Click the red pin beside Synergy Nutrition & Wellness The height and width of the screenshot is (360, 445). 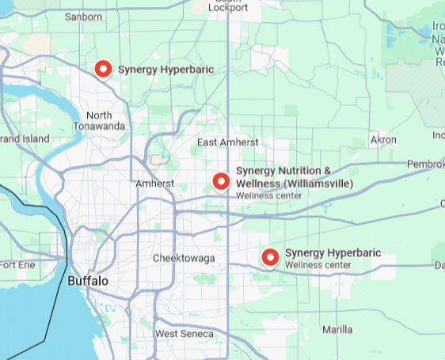222,181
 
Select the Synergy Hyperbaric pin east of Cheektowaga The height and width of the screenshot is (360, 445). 271,256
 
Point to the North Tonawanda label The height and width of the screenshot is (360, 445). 99,120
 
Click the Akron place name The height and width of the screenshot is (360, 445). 383,140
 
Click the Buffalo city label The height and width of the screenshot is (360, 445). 88,281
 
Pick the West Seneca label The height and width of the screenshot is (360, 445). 184,334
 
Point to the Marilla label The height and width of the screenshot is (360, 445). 337,329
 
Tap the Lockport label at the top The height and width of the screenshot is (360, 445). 227,7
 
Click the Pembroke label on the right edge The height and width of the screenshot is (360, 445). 425,164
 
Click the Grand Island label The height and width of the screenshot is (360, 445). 25,139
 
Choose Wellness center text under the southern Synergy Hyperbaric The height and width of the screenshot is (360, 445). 318,265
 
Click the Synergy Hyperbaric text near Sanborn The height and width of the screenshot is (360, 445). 165,70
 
